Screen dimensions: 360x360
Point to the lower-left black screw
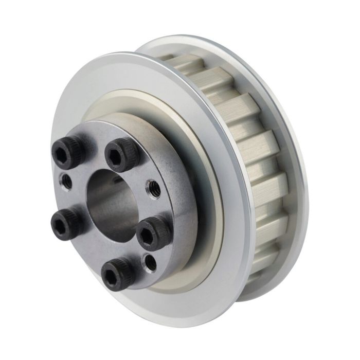click(x=66, y=221)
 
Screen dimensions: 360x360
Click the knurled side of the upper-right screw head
click(x=133, y=157)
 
